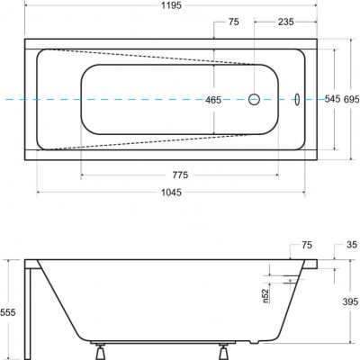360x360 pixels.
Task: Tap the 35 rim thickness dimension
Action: (351, 244)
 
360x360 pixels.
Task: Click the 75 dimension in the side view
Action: (308, 244)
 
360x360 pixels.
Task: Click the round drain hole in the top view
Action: (254, 99)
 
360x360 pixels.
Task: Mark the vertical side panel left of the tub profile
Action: (31, 306)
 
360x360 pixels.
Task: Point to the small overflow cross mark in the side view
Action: (290, 280)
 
